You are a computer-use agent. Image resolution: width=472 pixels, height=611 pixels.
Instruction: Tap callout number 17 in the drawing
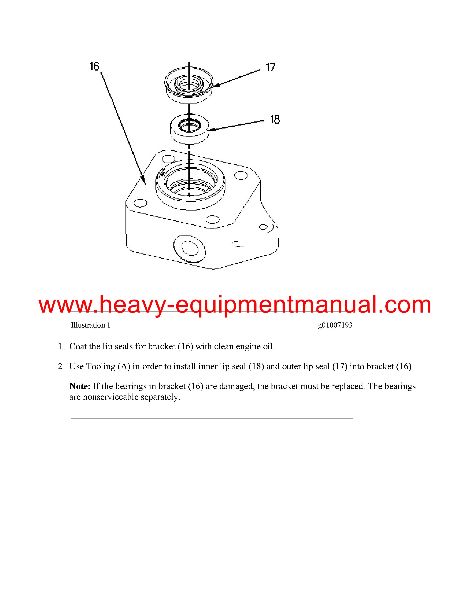tap(270, 67)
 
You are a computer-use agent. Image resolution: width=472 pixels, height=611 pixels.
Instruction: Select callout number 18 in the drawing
tap(275, 120)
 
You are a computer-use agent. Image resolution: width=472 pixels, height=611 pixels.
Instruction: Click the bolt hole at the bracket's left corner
tap(140, 203)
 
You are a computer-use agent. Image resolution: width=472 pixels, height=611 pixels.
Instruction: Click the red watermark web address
tap(235, 305)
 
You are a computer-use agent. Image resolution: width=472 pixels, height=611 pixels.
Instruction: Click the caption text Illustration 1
tap(91, 325)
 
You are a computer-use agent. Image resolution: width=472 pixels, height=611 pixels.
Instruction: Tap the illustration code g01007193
tap(335, 325)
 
